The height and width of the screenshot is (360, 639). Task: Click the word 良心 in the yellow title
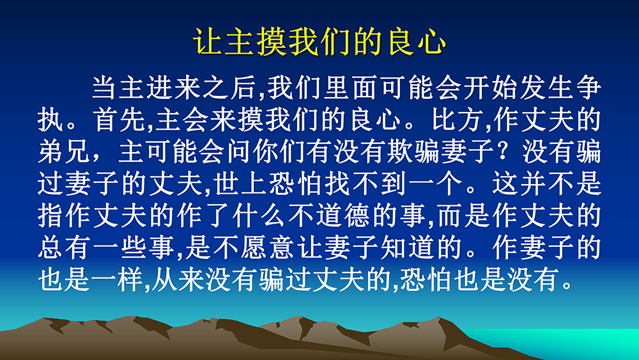pos(418,42)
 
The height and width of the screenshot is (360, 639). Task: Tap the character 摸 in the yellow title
pos(272,42)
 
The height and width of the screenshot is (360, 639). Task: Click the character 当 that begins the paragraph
pos(104,87)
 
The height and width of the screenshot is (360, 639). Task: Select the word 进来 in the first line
pos(174,87)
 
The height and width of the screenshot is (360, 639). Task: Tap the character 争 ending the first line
pos(588,87)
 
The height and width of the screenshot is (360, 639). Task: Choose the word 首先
pos(119,120)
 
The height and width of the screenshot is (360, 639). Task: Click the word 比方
pos(458,120)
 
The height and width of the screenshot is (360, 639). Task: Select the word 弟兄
pos(64,152)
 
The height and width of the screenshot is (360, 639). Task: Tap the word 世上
pos(240,184)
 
